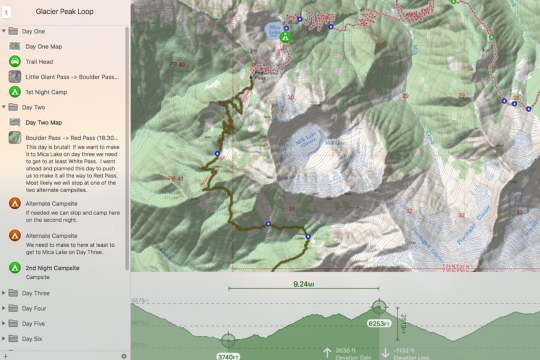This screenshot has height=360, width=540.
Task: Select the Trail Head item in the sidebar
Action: coord(39,62)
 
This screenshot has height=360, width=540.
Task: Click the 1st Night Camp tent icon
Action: coord(15,92)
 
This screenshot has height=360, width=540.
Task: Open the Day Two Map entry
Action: coord(43,123)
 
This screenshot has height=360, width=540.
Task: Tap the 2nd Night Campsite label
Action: coord(52,268)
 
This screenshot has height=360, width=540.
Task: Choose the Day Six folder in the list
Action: coord(32,339)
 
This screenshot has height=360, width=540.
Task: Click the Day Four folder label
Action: coord(34,308)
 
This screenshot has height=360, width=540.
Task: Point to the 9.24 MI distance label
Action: coord(304,285)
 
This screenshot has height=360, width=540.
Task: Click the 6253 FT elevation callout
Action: coord(379,324)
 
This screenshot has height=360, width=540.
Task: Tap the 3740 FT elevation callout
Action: coord(228,356)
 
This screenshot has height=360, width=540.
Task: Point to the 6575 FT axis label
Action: coord(140,300)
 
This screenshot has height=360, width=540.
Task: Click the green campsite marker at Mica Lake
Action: coord(285,36)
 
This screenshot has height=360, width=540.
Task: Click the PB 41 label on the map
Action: coord(176,179)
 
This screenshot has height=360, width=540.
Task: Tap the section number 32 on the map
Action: coord(461,215)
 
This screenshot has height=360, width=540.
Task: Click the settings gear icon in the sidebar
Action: coord(124,356)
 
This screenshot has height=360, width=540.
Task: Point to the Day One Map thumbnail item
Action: coord(43,46)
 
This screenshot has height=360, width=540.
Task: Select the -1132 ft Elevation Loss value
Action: coord(404,351)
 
